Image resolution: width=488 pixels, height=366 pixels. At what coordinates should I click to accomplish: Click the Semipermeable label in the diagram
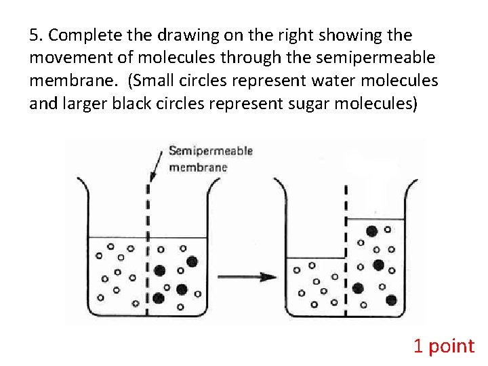click(x=210, y=151)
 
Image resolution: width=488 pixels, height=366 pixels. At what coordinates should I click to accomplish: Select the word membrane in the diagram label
click(x=198, y=167)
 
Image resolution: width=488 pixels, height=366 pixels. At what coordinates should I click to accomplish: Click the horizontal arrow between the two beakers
click(x=247, y=277)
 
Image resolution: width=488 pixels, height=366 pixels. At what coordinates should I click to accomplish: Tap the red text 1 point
click(x=444, y=346)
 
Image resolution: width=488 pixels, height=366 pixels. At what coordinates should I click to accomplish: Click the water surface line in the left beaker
click(x=115, y=237)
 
